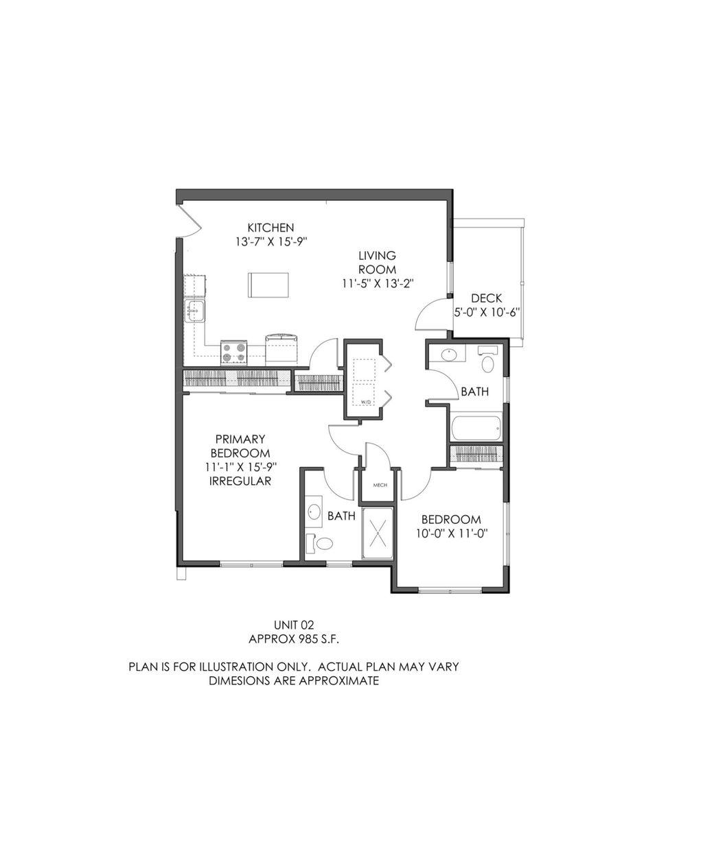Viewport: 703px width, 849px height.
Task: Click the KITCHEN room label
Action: tap(270, 228)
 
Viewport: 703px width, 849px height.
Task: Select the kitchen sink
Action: tap(194, 311)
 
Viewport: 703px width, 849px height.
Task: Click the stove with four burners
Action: tap(234, 352)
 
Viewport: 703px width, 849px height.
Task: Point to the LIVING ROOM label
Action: tap(377, 262)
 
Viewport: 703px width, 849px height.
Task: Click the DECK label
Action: tap(486, 298)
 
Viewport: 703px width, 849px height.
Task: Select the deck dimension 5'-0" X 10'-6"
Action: tap(487, 312)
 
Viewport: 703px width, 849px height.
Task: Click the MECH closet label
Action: tap(380, 485)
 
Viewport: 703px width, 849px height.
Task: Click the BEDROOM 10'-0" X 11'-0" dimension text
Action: tap(451, 534)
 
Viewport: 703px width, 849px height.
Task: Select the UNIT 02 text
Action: tap(294, 625)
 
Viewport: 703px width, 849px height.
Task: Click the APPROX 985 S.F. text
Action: tap(294, 639)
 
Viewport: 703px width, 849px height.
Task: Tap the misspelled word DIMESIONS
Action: tap(238, 681)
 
